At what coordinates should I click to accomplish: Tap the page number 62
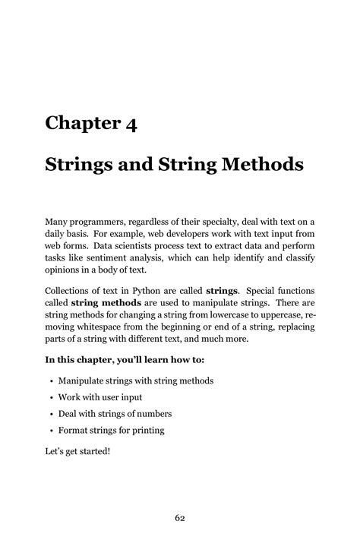tap(180, 497)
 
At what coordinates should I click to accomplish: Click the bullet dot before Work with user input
tap(49, 397)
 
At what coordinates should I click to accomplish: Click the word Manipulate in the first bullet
tap(84, 381)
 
